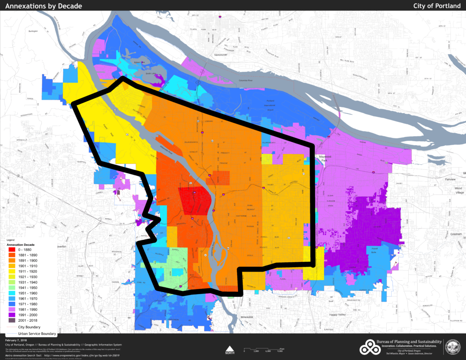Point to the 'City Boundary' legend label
(30, 327)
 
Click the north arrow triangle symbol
(230, 347)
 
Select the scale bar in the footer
(263, 350)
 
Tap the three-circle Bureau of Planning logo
(370, 348)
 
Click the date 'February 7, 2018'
(16, 340)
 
